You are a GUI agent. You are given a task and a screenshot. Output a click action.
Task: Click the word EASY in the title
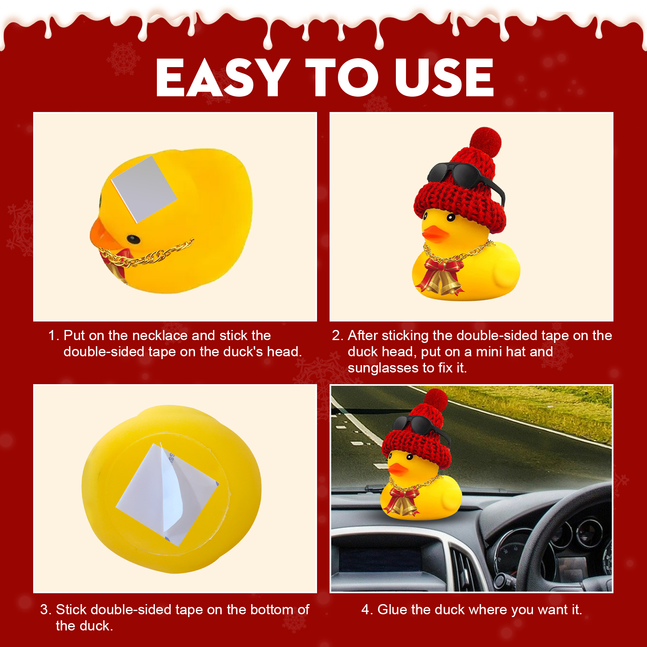click(x=223, y=78)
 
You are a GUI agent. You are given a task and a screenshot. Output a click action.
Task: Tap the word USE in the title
click(x=444, y=78)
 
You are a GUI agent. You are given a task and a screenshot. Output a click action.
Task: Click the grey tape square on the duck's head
click(x=144, y=189)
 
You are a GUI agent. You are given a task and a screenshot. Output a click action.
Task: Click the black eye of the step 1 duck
click(x=133, y=239)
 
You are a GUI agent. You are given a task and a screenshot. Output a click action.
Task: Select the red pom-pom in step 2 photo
click(x=486, y=142)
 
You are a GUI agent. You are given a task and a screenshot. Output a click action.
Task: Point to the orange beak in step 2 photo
click(x=435, y=234)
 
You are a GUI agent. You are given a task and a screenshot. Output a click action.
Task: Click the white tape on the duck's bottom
click(x=167, y=494)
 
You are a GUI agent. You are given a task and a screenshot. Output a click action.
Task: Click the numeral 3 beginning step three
click(x=44, y=610)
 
